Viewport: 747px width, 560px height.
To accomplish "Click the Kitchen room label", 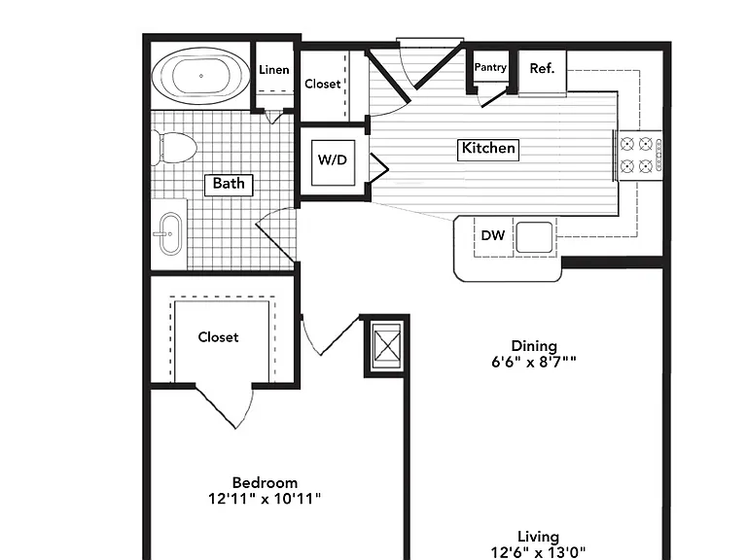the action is point(488,149).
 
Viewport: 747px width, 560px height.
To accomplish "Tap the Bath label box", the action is point(229,185).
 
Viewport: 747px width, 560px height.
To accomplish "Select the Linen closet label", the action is point(274,70).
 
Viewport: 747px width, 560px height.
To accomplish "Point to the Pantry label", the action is point(490,68).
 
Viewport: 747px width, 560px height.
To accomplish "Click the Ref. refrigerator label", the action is point(542,69).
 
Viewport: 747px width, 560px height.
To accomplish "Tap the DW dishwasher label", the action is point(493,235).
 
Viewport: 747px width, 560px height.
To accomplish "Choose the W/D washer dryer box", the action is point(333,162).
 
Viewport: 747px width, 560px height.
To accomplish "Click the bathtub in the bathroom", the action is point(201,76).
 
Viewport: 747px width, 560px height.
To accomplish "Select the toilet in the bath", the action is point(174,148).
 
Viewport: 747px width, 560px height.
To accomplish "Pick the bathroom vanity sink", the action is point(170,233).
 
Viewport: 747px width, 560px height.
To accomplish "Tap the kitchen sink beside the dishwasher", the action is point(534,237).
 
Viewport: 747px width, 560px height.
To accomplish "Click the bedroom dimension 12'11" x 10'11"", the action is point(265,499).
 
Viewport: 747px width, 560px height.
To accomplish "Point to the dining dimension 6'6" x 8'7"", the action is point(534,363).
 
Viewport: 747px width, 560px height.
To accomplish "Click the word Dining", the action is point(534,346).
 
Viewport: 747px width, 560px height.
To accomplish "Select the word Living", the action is point(538,537).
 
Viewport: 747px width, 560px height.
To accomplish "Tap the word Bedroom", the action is point(265,483).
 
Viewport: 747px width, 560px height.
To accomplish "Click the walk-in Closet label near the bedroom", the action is point(218,337).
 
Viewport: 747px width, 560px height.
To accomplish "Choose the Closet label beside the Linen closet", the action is point(323,85).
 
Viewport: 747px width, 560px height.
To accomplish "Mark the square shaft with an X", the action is point(387,345).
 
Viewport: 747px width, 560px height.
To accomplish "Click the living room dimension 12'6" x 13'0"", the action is point(538,553).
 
